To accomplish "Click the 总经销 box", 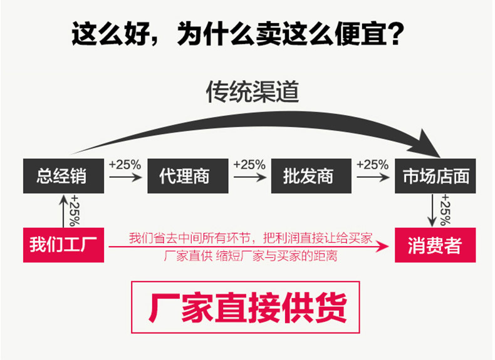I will pos(61,176).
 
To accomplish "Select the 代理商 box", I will pos(184,176).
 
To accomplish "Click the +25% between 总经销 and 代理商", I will pos(125,165).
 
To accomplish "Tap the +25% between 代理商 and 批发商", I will pos(249,165).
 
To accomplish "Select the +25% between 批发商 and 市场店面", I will pos(373,165).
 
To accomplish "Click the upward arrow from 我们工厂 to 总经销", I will pos(63,210).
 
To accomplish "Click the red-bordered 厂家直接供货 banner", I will pos(247,307).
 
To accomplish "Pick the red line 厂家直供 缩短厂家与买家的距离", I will pos(251,256).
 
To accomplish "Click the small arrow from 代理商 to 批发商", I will pos(249,178).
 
